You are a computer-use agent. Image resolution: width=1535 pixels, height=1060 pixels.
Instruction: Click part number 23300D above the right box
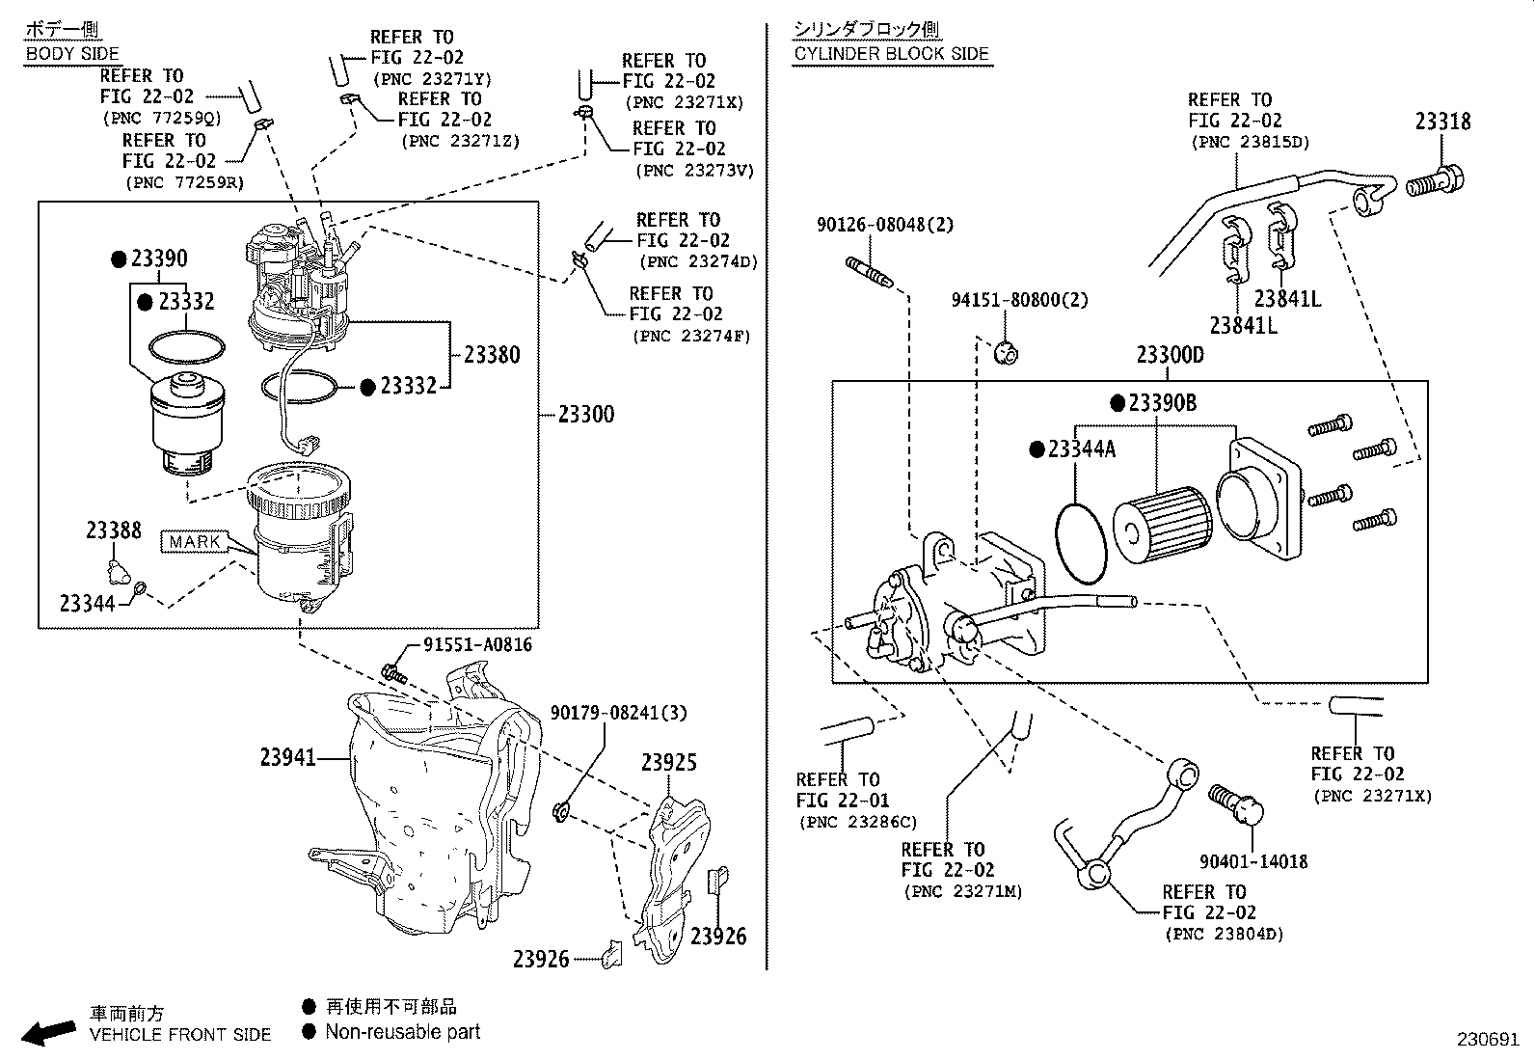coord(1170,355)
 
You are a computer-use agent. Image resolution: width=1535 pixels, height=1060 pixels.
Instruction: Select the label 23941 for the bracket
coord(287,758)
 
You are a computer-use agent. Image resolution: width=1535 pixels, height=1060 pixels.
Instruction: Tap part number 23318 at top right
coord(1442,122)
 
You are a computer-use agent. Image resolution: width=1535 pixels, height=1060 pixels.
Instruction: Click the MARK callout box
coord(195,541)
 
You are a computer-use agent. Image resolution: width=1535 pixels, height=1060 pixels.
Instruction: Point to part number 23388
coord(113,530)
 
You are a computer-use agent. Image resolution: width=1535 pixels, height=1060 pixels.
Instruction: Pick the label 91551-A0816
coord(477,645)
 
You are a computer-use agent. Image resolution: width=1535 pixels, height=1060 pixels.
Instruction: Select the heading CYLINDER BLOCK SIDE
coord(892,54)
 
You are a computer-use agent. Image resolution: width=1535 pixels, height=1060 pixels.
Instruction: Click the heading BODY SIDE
coord(72,54)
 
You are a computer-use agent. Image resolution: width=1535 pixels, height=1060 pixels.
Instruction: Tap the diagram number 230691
coord(1487,1041)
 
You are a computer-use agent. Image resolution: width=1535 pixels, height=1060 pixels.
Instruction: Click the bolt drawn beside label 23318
coord(1436,180)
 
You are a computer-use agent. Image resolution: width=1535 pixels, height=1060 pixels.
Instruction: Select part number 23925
coord(669,763)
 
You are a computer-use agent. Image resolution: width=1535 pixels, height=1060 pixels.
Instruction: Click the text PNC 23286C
coord(858,823)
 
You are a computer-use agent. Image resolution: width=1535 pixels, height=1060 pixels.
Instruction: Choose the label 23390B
coord(1162,403)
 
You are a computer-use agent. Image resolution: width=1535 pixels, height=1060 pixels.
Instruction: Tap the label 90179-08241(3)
coord(618,713)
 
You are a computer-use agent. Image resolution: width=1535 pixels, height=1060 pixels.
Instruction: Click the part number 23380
coord(491,355)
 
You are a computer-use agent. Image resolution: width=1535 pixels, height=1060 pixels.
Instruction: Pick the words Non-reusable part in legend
coord(402,1032)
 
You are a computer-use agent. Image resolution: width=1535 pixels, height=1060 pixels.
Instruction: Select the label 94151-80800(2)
coord(1019,300)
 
